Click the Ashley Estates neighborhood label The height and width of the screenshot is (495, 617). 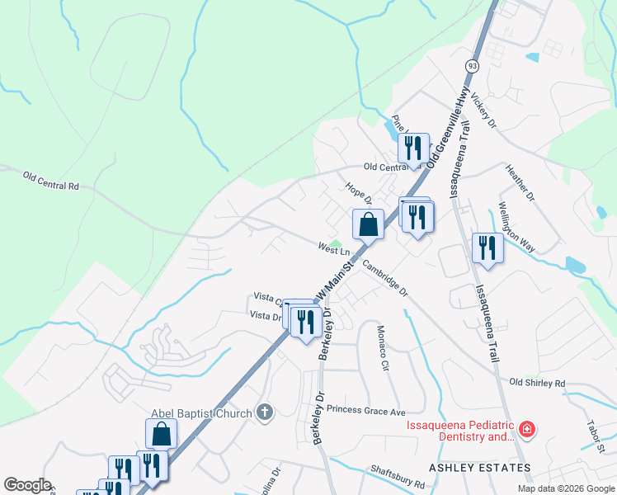coord(480,467)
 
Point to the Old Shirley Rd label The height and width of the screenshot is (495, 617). coord(537,383)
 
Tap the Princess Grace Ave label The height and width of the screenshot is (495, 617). coord(366,410)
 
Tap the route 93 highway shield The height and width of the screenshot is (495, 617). coord(471,65)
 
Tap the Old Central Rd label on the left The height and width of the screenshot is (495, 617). coord(51,181)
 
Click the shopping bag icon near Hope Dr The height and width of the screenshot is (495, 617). coord(368,224)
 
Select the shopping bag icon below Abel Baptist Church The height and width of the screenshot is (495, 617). coord(161,434)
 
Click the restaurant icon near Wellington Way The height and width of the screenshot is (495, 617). coord(487,247)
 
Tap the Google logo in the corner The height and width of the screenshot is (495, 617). coord(27,485)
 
